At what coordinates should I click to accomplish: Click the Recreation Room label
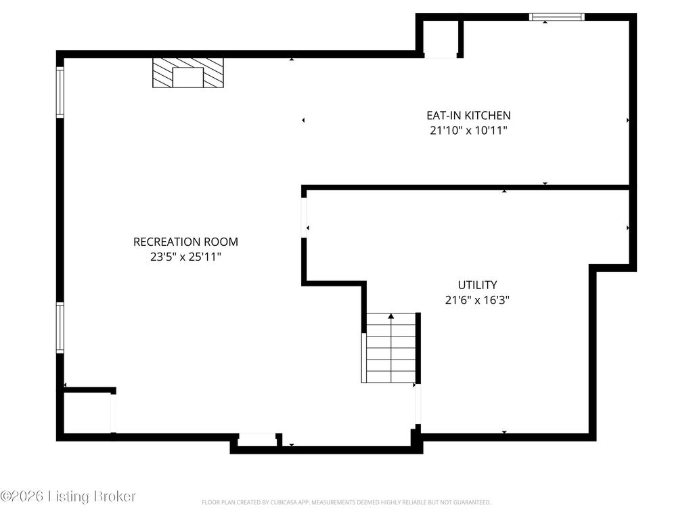click(185, 242)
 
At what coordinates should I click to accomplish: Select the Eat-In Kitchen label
click(468, 115)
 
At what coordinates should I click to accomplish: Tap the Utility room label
click(477, 285)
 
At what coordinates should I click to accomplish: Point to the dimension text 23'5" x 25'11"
click(185, 257)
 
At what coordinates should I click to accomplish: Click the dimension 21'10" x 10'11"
click(468, 131)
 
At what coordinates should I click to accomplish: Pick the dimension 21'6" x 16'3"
click(477, 300)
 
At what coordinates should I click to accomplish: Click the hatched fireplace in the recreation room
click(188, 72)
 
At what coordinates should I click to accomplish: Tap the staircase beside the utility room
click(389, 348)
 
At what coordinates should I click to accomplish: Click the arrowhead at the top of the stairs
click(391, 316)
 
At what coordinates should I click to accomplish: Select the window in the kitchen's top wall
click(557, 17)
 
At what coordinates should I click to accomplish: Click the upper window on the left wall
click(60, 92)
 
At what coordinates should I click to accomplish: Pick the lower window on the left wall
click(60, 328)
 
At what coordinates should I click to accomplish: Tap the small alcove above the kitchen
click(441, 39)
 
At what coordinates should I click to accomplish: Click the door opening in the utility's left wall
click(304, 217)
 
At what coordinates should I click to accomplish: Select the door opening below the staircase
click(418, 404)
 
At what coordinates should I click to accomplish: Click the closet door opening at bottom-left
click(113, 414)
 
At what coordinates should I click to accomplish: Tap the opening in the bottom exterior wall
click(257, 437)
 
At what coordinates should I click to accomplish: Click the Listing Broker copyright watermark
click(68, 496)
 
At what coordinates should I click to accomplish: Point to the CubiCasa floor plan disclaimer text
click(346, 502)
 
